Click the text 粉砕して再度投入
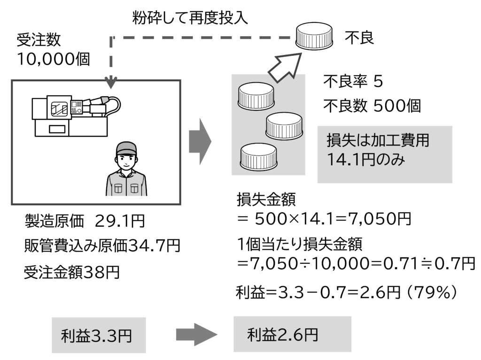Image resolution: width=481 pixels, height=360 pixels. pos(190,18)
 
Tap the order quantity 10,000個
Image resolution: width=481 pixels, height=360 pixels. pos(53,59)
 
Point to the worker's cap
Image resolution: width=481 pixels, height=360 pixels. pos(126,148)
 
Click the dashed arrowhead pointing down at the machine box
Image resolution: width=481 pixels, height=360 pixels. pos(111,83)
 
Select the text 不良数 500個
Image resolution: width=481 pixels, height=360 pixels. pos(372,106)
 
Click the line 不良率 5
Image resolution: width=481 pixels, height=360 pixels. pos(353,82)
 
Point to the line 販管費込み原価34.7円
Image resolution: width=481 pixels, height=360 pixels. pos(102,245)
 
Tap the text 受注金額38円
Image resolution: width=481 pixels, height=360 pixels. pos(71,272)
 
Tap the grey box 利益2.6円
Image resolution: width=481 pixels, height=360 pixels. pos(292,334)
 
